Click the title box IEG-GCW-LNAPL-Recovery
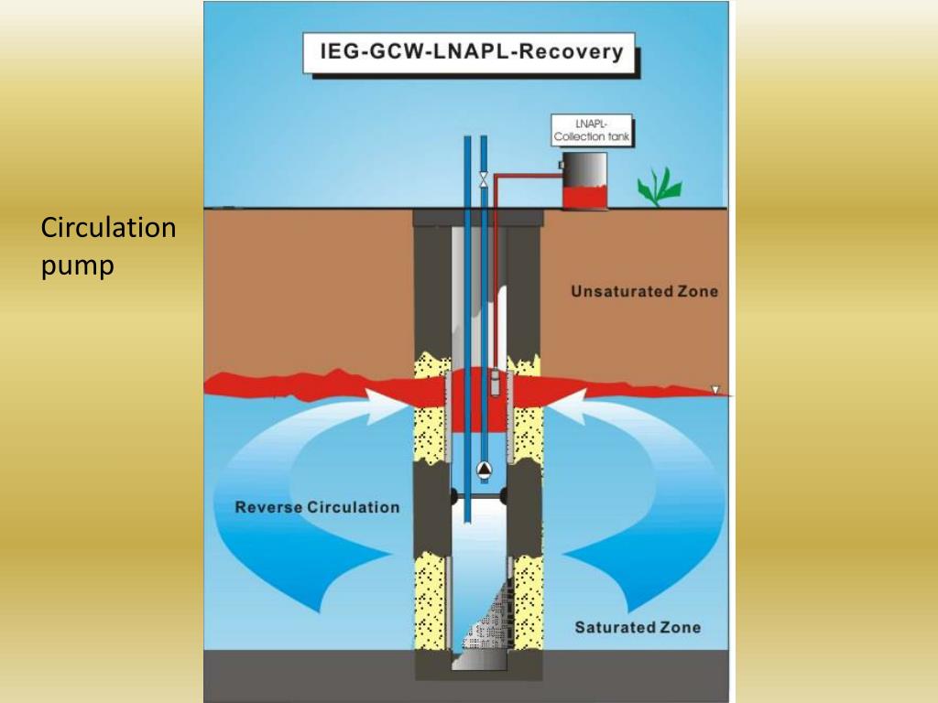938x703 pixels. click(471, 53)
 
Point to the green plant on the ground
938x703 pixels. click(660, 188)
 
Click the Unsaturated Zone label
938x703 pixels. click(644, 292)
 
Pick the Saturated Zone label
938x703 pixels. click(638, 627)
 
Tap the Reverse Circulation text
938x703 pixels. click(317, 507)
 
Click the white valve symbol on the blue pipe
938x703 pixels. click(484, 179)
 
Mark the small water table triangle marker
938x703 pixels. click(716, 390)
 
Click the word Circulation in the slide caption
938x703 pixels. click(108, 228)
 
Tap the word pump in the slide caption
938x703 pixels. click(78, 265)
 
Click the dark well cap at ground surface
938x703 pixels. click(477, 218)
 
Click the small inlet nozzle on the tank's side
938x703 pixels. click(561, 165)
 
